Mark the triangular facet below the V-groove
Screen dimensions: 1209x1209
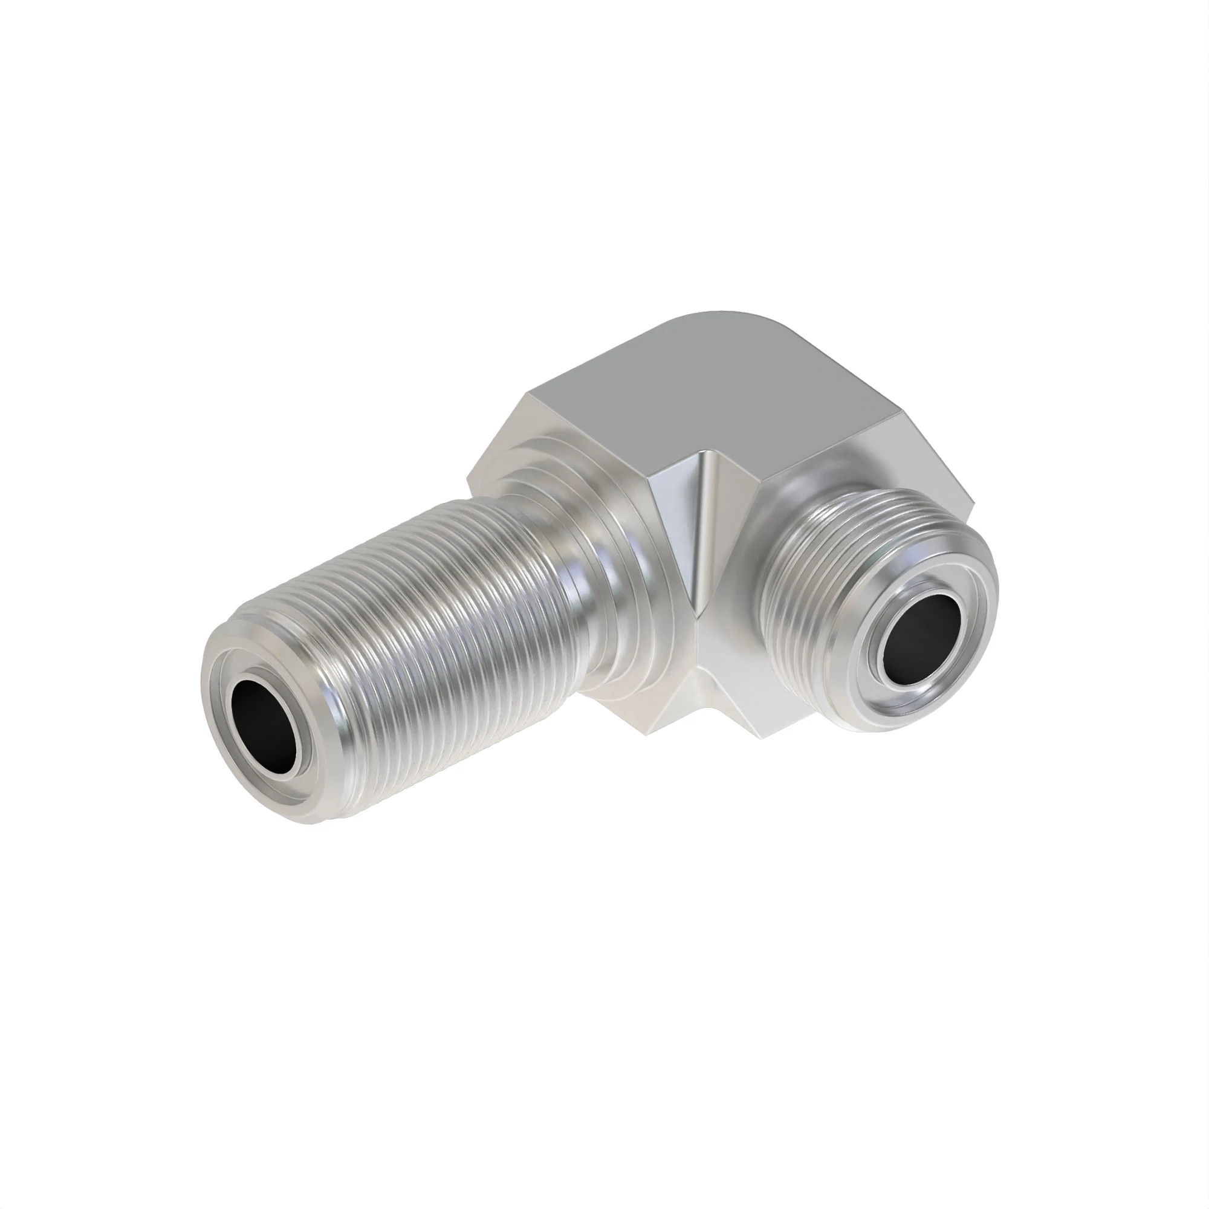click(695, 707)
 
